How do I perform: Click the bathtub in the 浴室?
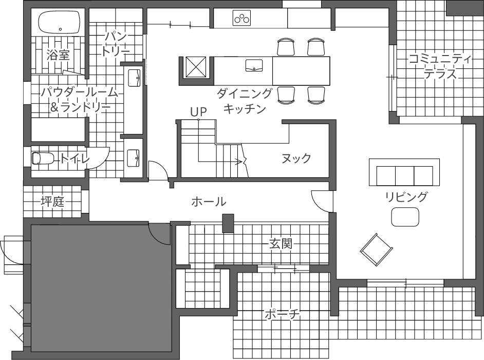point(59,22)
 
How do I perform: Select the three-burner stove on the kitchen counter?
point(241,18)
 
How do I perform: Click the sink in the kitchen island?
point(254,65)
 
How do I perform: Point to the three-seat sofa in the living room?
point(404,172)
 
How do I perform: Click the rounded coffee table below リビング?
point(405,217)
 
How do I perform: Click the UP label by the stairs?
point(198,112)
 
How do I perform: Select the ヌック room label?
point(296,158)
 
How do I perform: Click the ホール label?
point(209,202)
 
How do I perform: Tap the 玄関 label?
point(281,244)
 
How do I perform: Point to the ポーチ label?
point(283,315)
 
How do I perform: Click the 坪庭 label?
point(52,202)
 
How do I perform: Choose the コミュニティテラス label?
point(440,66)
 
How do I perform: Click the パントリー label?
point(116,44)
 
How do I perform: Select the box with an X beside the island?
point(195,67)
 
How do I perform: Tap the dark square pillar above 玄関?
point(229,223)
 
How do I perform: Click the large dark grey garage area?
point(101,288)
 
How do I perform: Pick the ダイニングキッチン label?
point(245,101)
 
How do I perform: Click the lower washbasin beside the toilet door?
point(134,157)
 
